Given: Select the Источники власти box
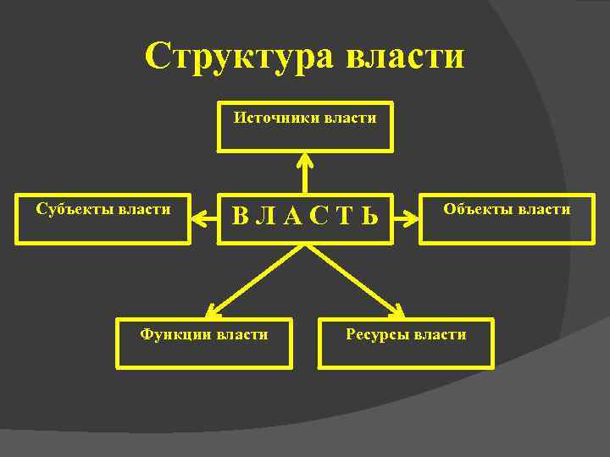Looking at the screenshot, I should (x=305, y=128).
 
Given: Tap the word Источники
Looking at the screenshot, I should (x=274, y=118).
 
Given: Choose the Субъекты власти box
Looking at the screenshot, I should (x=103, y=219).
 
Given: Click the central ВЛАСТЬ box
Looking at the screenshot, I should (x=305, y=219).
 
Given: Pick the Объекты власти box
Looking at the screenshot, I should (x=507, y=219).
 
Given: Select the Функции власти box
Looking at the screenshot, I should (x=204, y=344).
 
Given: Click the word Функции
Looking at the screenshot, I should (x=175, y=334).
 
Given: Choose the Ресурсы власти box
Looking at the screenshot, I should (x=406, y=344).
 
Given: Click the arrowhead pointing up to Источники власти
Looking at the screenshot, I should (x=305, y=158).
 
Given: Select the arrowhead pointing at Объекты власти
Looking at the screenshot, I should (x=413, y=219).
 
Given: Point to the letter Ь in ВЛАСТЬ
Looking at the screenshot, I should (x=369, y=218).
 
